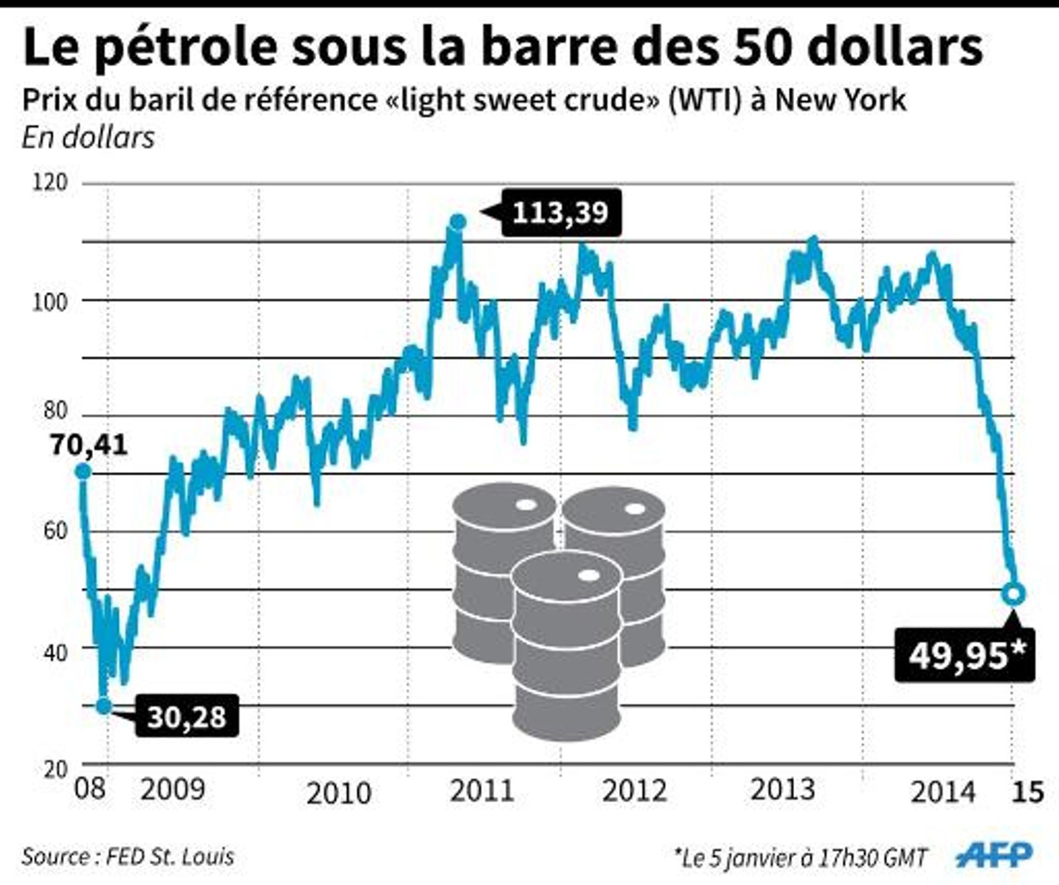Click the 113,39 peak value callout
pos(561,212)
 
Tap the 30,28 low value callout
pos(187,716)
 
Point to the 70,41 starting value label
pos(89,444)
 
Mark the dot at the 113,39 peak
pos(458,222)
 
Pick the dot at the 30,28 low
pos(104,706)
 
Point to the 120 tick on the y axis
pos(50,183)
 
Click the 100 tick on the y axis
pos(50,302)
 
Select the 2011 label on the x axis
pos(482,791)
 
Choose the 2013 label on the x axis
pos(783,790)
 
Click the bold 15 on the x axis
pos(1028,792)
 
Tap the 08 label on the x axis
pos(90,789)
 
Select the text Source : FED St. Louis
pos(128,856)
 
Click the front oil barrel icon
pos(567,645)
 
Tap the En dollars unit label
pos(88,137)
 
